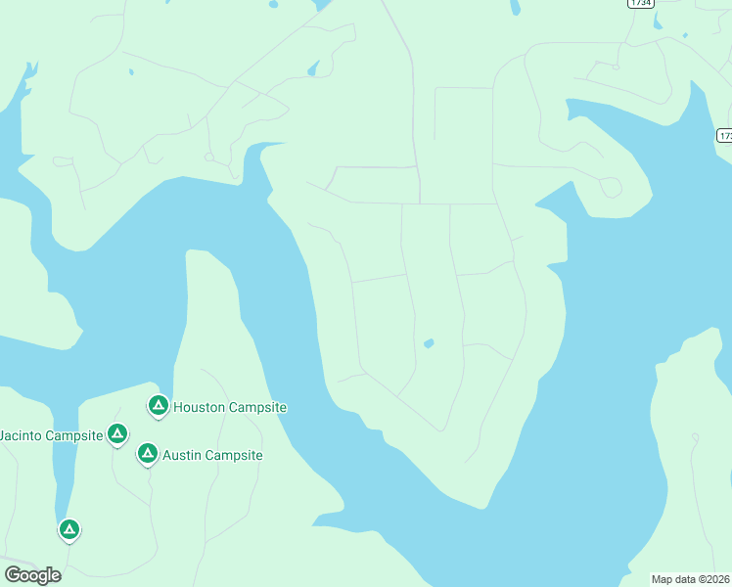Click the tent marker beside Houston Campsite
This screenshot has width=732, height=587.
click(158, 405)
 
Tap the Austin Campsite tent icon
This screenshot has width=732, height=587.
click(147, 453)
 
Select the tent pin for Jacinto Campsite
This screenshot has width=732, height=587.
click(117, 432)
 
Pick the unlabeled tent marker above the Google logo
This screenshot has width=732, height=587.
click(69, 529)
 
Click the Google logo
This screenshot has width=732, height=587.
click(32, 575)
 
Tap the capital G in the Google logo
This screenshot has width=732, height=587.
click(13, 575)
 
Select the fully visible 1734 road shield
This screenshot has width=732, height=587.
click(640, 3)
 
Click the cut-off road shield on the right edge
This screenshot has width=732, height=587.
click(724, 135)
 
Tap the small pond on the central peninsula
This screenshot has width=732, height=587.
click(428, 343)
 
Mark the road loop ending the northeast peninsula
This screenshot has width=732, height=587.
click(611, 187)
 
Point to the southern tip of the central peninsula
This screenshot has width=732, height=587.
click(481, 506)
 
